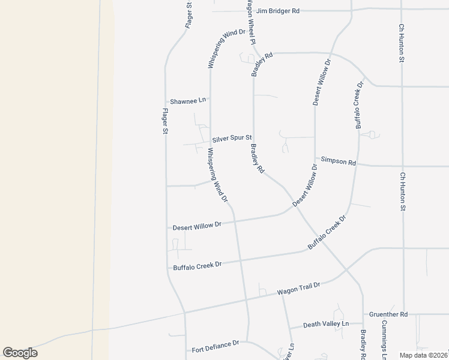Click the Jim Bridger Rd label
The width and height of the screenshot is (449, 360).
pos(277,11)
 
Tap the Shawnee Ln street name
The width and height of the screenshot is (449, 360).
pos(188,101)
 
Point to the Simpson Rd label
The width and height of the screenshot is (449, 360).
pos(339,161)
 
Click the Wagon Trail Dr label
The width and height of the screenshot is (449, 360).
pos(299,289)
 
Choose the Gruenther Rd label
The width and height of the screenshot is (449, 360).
pos(388,314)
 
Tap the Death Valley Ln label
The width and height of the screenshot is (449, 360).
pos(326,324)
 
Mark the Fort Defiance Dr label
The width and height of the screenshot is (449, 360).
pos(215,346)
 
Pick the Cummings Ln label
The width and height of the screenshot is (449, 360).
pos(384,339)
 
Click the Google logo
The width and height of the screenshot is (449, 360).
pos(20,353)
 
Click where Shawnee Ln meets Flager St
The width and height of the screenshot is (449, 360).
pos(166,101)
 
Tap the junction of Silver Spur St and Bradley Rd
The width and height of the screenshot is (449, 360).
pos(253,139)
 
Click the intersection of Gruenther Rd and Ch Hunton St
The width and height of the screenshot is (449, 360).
pos(403,314)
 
